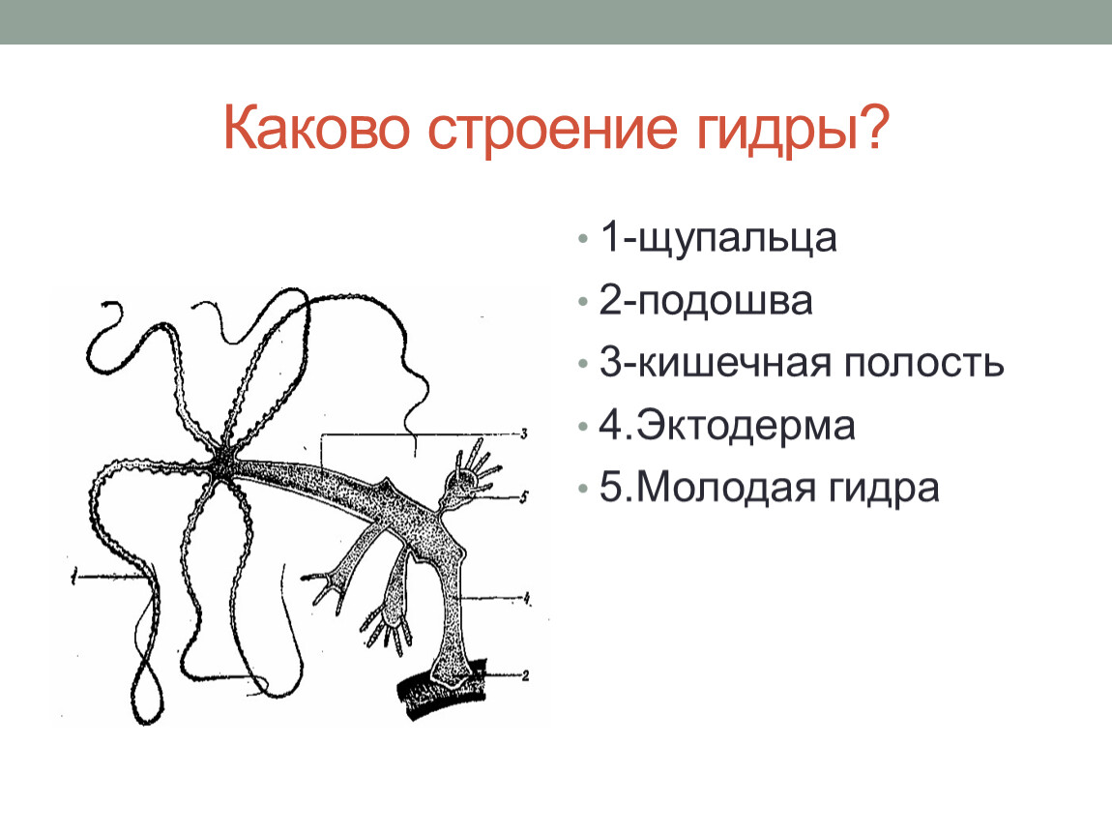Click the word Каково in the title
316,129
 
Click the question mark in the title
873,127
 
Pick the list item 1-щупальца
717,237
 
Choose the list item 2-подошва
706,300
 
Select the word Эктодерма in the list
746,426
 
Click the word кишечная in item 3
733,364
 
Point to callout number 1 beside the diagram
73,579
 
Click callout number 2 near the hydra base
525,676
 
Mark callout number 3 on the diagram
524,433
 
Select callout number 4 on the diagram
527,598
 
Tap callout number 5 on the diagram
523,496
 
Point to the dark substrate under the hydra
441,691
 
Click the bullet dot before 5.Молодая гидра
583,489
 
